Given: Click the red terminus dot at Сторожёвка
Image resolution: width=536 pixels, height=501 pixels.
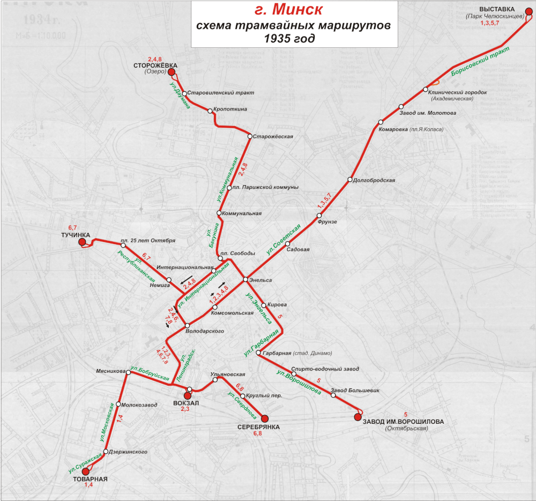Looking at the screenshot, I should click(x=172, y=72).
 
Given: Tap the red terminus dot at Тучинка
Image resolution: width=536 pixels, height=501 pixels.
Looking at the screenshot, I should click(x=83, y=243).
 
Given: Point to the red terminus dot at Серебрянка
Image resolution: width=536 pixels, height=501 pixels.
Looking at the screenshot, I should click(x=265, y=418).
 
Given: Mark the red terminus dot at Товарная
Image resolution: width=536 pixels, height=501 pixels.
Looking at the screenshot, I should click(x=86, y=471).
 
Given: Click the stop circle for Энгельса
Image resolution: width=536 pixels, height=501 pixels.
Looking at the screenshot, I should click(x=245, y=279).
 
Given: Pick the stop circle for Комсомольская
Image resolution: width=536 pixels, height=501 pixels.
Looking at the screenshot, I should click(x=222, y=307).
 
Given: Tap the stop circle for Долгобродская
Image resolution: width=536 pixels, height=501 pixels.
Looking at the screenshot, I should click(x=349, y=180).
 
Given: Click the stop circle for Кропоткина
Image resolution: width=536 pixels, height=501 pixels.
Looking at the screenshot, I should click(x=210, y=111).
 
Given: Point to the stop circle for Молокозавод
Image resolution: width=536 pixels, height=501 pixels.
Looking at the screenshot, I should click(x=118, y=404).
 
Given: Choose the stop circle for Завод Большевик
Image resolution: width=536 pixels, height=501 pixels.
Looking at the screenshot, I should click(x=333, y=395).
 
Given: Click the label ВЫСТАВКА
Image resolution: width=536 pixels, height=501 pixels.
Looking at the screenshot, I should click(x=497, y=10).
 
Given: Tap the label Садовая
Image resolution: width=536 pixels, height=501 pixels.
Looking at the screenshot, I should click(x=298, y=249).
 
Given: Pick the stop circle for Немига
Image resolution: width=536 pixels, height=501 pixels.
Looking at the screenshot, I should click(x=169, y=280).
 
